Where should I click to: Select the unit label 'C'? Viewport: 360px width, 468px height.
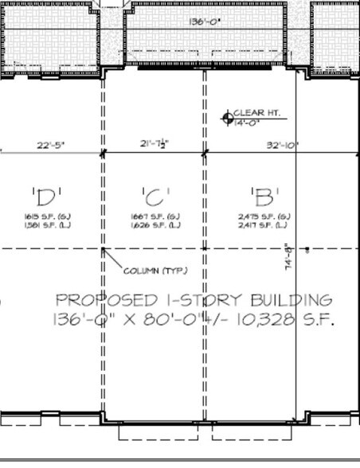click(x=153, y=194)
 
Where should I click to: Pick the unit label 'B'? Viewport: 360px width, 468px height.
click(x=262, y=194)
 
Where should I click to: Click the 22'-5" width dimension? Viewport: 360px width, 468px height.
click(x=49, y=145)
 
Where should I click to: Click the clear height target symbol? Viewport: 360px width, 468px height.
click(x=227, y=119)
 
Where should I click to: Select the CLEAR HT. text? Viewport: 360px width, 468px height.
click(x=252, y=113)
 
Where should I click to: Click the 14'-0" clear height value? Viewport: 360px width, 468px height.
click(x=248, y=123)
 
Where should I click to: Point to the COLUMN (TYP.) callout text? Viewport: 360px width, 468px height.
click(x=155, y=271)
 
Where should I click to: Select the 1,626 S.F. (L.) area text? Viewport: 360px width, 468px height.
click(x=153, y=224)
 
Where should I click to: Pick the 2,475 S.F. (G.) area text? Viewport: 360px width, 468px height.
click(x=264, y=216)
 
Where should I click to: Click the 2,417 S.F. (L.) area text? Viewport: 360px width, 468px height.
click(x=264, y=224)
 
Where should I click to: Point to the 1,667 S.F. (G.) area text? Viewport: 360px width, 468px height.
click(x=153, y=216)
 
